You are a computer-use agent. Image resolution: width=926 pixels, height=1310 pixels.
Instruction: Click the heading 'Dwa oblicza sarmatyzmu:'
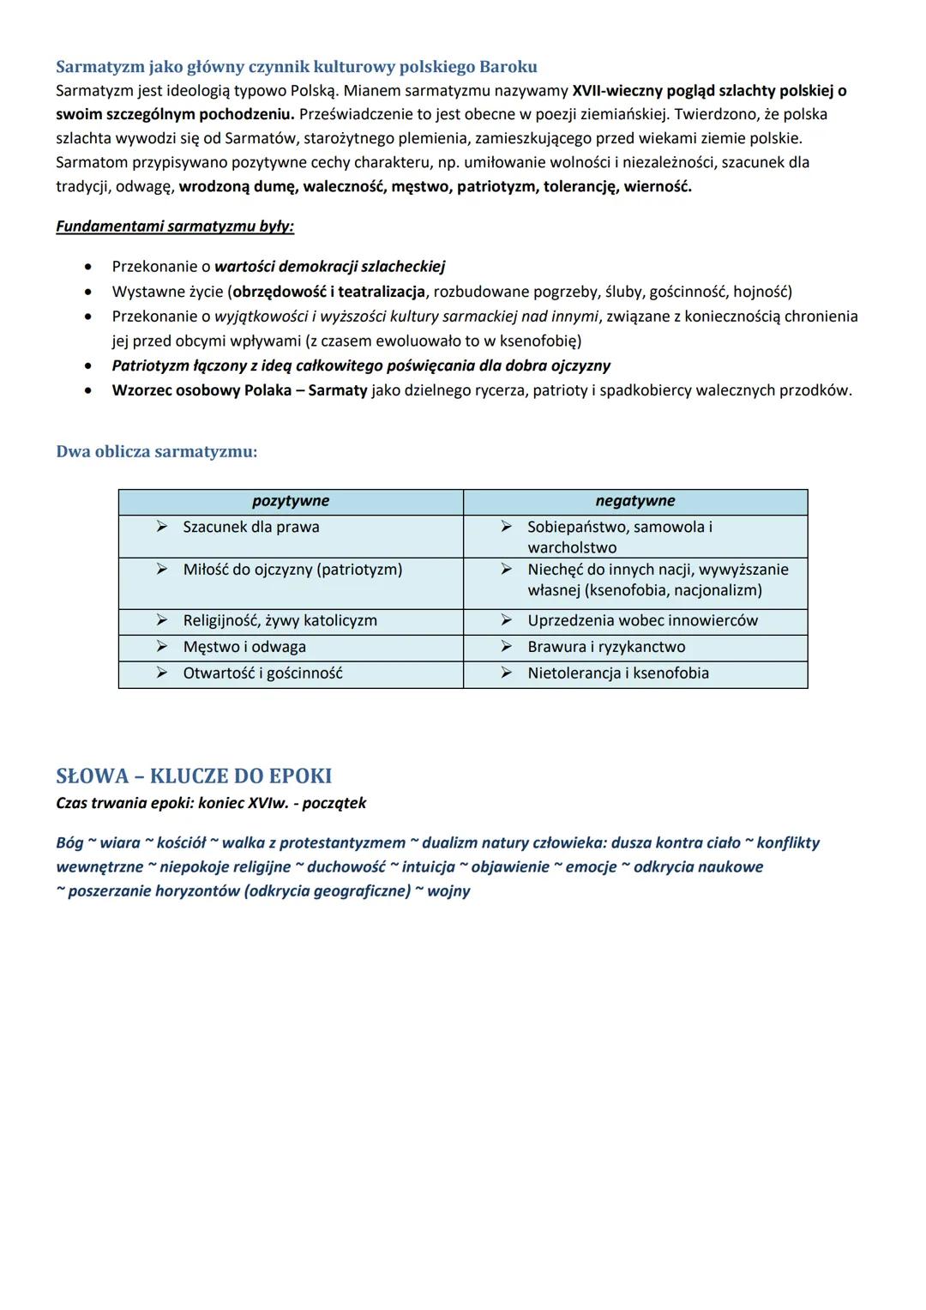(x=156, y=451)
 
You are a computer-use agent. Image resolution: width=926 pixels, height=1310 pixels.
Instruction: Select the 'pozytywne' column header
(x=290, y=501)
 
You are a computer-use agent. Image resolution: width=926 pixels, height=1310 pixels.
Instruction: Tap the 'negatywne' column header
(x=635, y=501)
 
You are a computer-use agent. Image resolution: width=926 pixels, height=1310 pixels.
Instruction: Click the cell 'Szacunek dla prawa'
(x=250, y=527)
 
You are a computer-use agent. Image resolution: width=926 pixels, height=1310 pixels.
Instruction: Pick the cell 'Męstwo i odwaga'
(x=244, y=647)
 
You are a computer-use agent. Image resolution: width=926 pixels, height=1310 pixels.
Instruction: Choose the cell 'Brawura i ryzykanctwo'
(x=606, y=647)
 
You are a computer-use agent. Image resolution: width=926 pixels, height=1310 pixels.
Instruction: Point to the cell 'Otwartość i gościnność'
(x=262, y=673)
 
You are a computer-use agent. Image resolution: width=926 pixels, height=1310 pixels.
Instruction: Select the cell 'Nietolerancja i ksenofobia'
(x=618, y=673)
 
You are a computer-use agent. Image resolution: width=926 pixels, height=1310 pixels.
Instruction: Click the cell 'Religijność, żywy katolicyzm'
(x=280, y=620)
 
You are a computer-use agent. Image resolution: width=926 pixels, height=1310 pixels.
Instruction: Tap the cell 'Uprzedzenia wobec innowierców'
(x=642, y=620)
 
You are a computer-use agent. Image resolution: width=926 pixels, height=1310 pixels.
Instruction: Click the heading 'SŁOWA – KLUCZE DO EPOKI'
(x=194, y=776)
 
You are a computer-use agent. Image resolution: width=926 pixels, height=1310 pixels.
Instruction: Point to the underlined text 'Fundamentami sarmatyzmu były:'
(x=175, y=226)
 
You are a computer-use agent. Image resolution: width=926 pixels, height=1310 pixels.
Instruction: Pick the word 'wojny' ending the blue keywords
(x=448, y=891)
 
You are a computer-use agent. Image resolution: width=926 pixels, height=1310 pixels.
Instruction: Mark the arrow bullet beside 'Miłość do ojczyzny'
(x=161, y=570)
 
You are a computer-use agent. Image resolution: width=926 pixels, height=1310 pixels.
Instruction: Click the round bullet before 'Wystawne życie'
(x=88, y=292)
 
